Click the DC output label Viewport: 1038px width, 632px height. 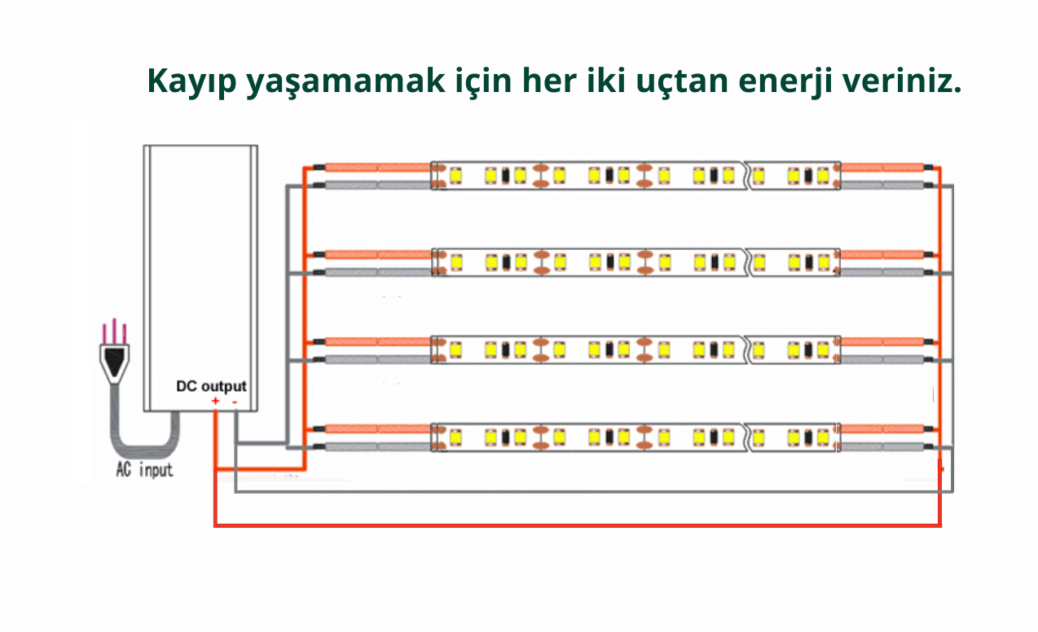pyautogui.click(x=211, y=386)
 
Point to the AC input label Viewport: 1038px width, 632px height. pyautogui.click(x=144, y=471)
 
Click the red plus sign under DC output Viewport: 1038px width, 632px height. pyautogui.click(x=215, y=401)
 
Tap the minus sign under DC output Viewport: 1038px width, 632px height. pyautogui.click(x=235, y=401)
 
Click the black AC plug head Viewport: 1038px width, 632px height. pyautogui.click(x=115, y=358)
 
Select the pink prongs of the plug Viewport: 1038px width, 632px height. pyautogui.click(x=115, y=331)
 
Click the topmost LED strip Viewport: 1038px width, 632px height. pyautogui.click(x=636, y=175)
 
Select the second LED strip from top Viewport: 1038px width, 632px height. pyautogui.click(x=636, y=262)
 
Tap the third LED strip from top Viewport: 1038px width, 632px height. pyautogui.click(x=636, y=349)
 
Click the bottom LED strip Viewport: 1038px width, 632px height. pyautogui.click(x=636, y=437)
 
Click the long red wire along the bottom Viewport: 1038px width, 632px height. pyautogui.click(x=570, y=526)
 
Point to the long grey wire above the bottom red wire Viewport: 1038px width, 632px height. pyautogui.click(x=570, y=491)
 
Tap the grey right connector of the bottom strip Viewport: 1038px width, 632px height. pyautogui.click(x=884, y=447)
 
